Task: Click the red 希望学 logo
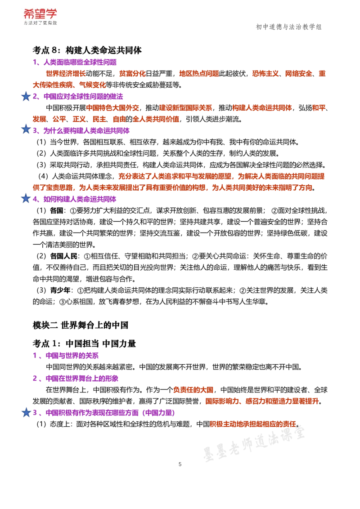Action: (x=40, y=13)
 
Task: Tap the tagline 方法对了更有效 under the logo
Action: (x=40, y=23)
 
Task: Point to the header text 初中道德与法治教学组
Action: (x=289, y=27)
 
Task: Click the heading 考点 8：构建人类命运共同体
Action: (x=87, y=50)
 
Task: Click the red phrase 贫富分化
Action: (x=132, y=74)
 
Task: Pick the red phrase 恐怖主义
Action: (x=265, y=74)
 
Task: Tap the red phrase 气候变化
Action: (x=93, y=85)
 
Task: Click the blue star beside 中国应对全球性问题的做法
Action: (x=26, y=96)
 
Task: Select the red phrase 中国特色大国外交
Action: (x=112, y=108)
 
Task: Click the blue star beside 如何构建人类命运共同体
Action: (x=26, y=198)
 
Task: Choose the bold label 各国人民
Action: (x=64, y=256)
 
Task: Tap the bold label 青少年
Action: (x=60, y=290)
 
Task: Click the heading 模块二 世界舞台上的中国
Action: (x=81, y=325)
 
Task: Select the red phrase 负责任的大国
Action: (x=193, y=390)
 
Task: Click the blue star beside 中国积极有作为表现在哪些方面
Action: (x=26, y=412)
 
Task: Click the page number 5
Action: (x=180, y=464)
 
